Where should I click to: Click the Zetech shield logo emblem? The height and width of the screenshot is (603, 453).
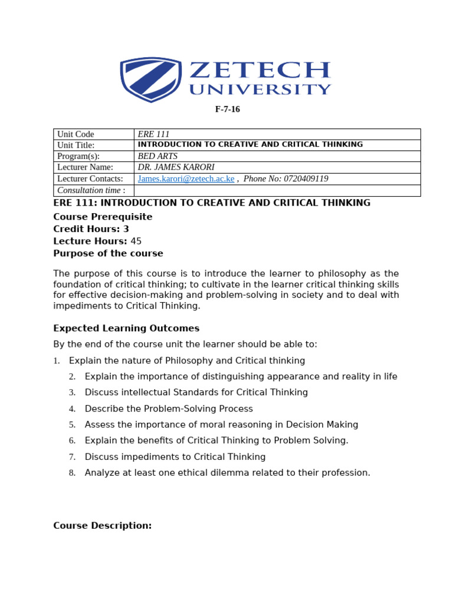coord(150,79)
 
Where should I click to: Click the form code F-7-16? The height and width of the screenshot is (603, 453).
coord(227,110)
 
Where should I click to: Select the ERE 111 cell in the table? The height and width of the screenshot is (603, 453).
coord(153,134)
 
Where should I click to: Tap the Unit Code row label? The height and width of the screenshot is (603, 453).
coord(75,134)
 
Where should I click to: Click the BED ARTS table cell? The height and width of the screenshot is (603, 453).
coord(157,156)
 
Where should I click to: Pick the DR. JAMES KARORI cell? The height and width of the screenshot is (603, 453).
coord(176,167)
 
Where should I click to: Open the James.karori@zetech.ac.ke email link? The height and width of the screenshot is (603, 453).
coord(186,178)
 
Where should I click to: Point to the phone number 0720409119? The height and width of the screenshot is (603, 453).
coord(307,178)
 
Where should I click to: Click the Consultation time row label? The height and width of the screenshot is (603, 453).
coord(91,190)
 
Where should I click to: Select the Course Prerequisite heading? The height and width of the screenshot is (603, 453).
coord(103,217)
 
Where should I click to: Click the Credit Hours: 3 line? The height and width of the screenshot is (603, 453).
coord(91,229)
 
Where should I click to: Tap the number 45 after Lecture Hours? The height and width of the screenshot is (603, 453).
coord(136,241)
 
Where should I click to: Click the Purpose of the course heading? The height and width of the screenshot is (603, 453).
coord(108,254)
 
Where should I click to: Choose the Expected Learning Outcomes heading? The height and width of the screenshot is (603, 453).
coord(126,329)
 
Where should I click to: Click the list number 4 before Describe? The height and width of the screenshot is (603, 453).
coord(72,409)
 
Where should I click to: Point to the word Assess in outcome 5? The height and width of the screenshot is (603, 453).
coord(99,425)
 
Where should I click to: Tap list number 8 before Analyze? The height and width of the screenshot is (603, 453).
coord(72,473)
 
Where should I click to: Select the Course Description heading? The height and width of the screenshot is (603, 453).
coord(102,526)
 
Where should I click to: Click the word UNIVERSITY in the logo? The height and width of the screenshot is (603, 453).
coord(260,90)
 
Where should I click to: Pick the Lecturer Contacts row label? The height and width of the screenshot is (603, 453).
coord(90,178)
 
